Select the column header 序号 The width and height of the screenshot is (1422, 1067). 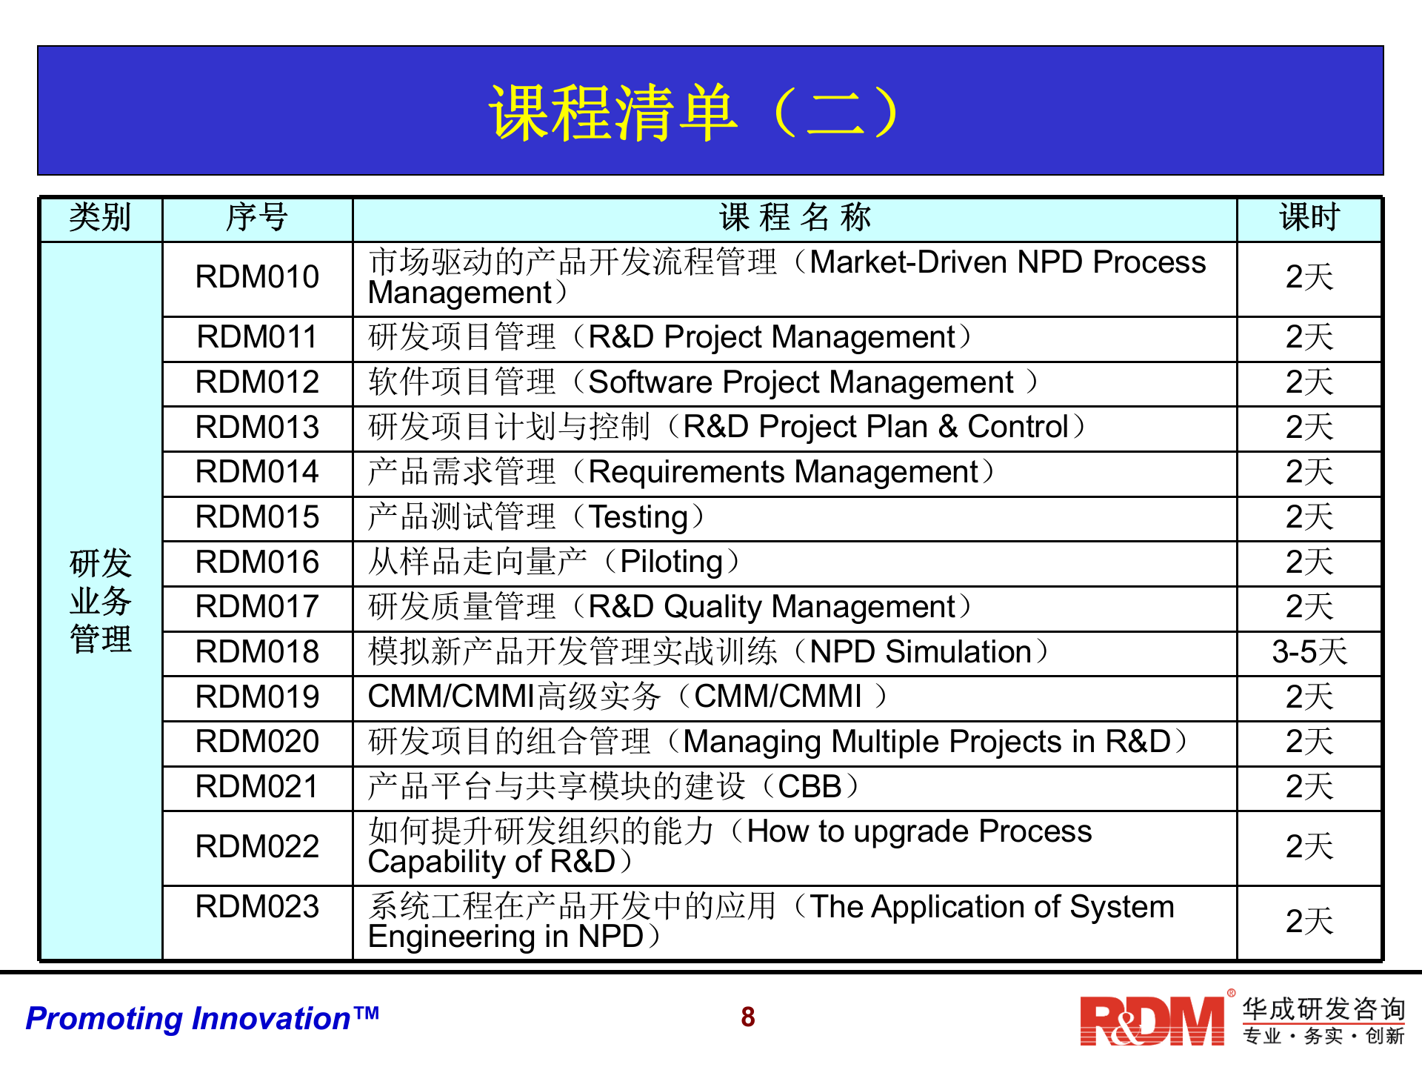257,218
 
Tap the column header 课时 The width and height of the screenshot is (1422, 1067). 1309,218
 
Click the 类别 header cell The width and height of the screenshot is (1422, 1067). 100,218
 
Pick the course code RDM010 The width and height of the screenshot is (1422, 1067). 257,277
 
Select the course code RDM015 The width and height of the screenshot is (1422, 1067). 257,517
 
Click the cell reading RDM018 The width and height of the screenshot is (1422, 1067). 257,652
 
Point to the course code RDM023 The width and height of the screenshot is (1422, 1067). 257,907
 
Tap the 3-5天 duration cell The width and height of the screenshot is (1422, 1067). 1309,652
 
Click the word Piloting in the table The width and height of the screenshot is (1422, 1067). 671,562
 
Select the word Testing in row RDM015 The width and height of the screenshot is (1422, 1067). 638,518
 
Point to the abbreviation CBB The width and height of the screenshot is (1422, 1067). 810,787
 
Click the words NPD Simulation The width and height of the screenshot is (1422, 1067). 921,652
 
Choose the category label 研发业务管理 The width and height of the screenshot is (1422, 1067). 101,601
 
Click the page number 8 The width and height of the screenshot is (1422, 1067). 748,1017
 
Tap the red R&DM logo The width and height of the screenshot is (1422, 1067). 1152,1020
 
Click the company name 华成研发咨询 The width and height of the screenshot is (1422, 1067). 1323,1009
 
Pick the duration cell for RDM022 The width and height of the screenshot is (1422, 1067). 1309,847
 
